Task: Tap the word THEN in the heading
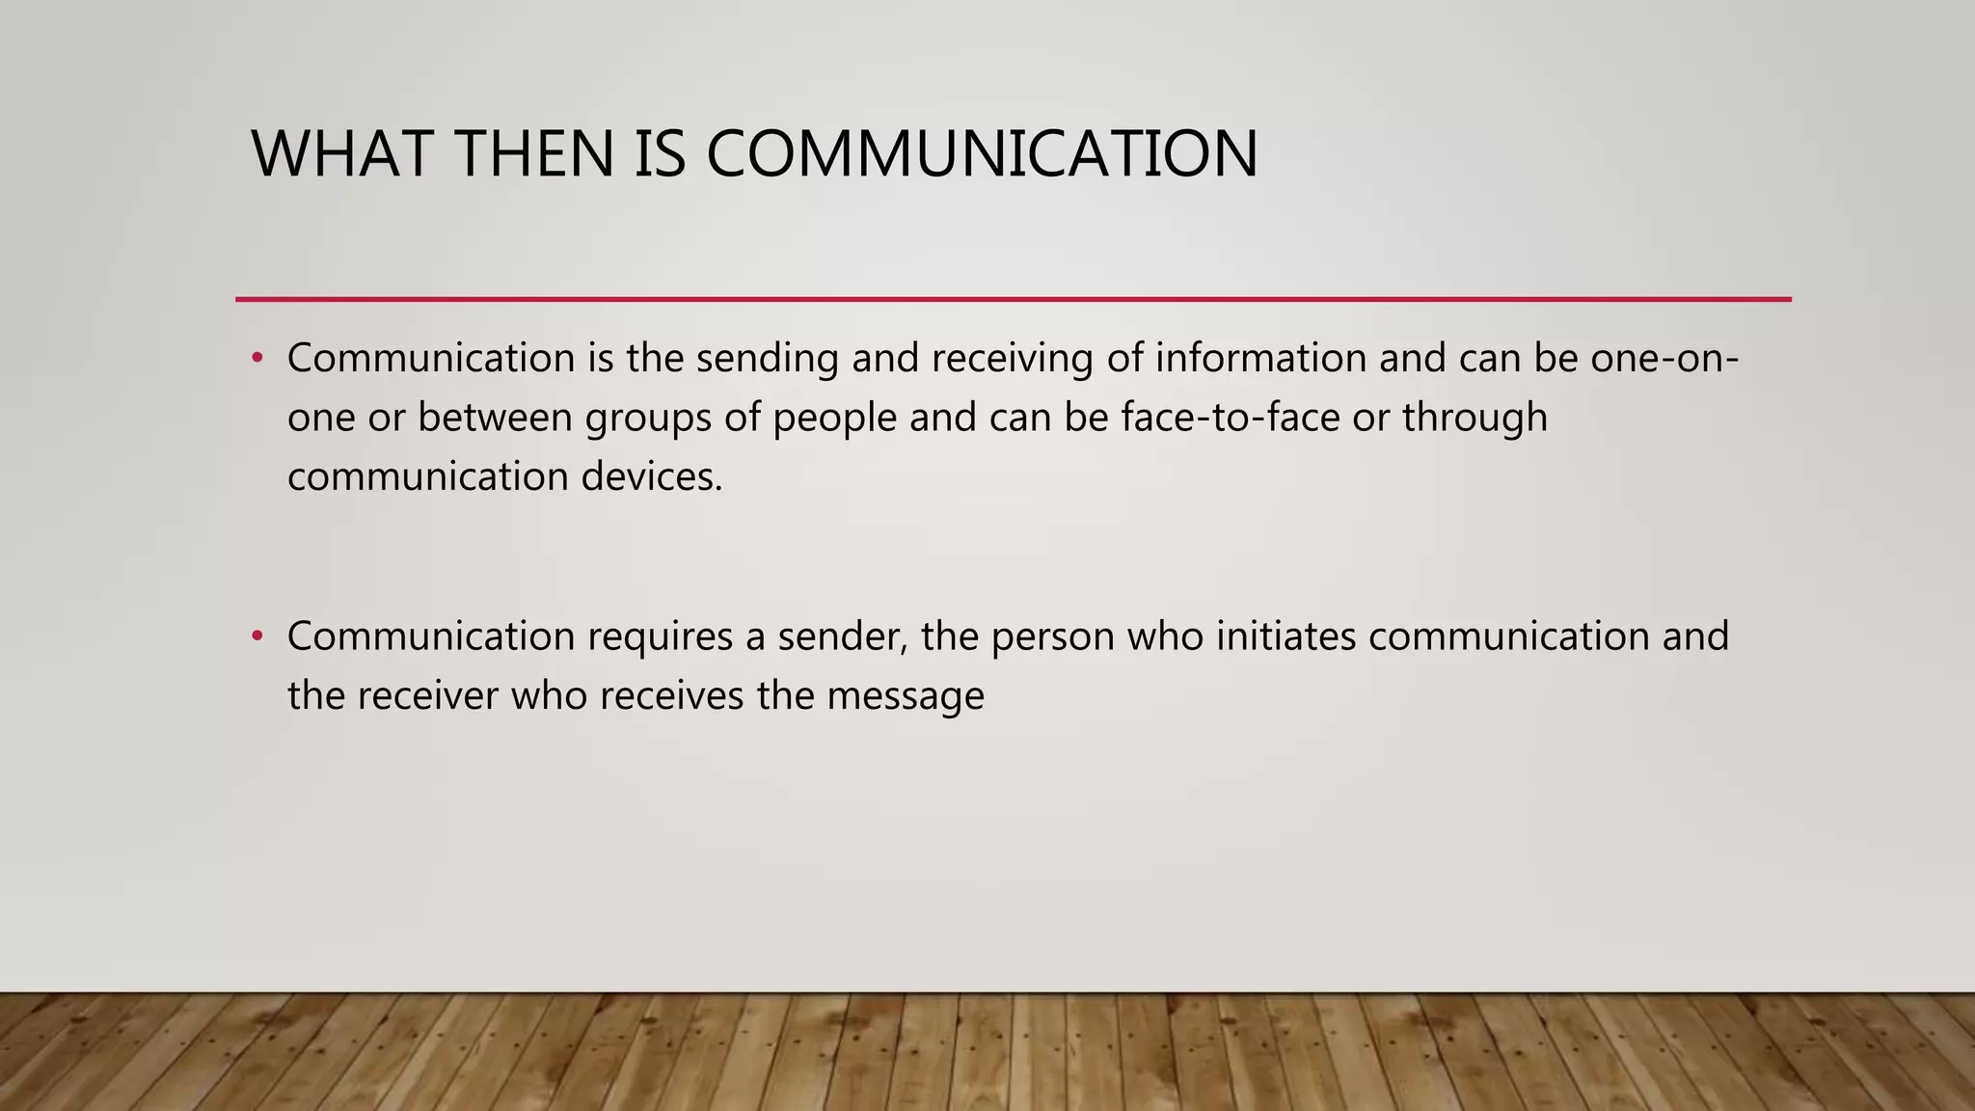tap(533, 154)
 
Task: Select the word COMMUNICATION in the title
tap(982, 154)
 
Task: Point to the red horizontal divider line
tap(1013, 300)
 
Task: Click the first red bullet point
tap(257, 359)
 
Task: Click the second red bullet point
tap(257, 637)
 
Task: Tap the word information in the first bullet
tap(1261, 358)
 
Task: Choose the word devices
tap(652, 477)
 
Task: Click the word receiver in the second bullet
tap(427, 696)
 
